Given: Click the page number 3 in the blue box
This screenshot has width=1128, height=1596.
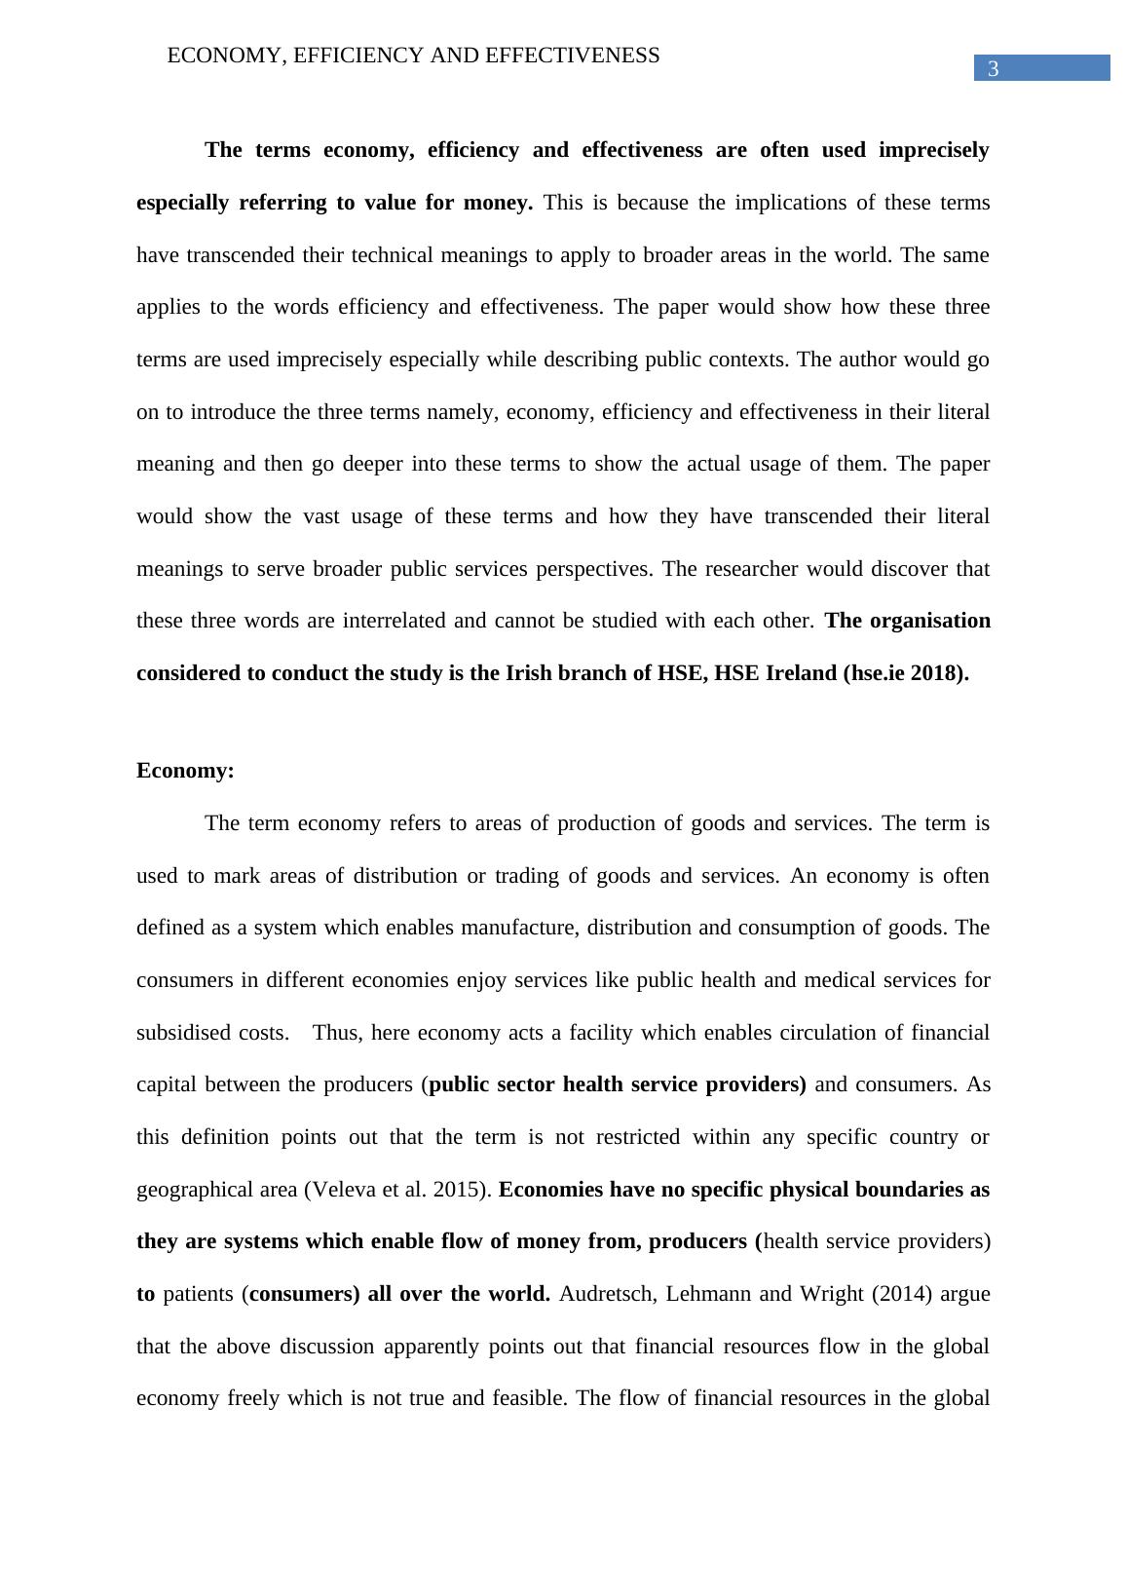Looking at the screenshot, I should tap(994, 69).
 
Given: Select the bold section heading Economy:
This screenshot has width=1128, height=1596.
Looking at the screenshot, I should tap(185, 771).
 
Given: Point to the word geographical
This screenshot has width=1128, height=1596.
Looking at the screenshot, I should tap(195, 1190).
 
